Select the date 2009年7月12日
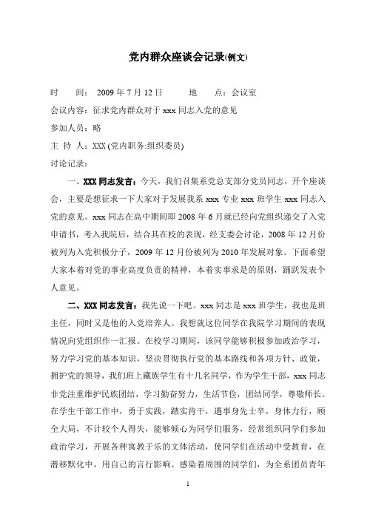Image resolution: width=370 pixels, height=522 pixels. click(x=129, y=94)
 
